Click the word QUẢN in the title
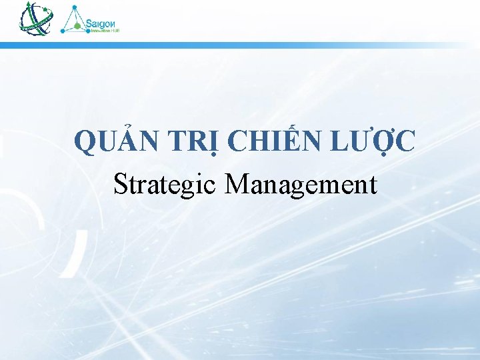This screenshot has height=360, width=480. click(115, 142)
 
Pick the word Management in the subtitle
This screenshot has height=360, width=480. click(301, 184)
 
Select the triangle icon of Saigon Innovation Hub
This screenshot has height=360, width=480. click(74, 20)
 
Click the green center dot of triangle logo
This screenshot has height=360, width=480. click(77, 26)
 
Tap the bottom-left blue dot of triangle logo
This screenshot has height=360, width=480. click(63, 31)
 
